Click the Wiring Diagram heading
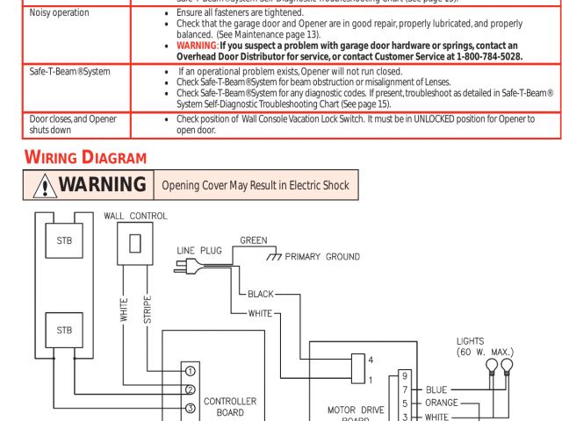tap(84, 158)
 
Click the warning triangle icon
tap(42, 185)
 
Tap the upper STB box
tap(64, 241)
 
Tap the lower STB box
tap(64, 331)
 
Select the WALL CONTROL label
tap(135, 216)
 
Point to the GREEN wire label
tap(254, 239)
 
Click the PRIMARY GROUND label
tap(322, 257)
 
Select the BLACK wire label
tap(261, 294)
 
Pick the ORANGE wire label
tap(441, 403)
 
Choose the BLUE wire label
tap(436, 389)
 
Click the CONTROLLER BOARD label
tap(230, 406)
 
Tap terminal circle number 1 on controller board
tap(190, 370)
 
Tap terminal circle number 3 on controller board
tap(190, 408)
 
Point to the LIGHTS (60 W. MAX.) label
tap(485, 346)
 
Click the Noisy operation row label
tap(60, 13)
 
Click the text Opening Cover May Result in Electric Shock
tap(255, 185)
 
